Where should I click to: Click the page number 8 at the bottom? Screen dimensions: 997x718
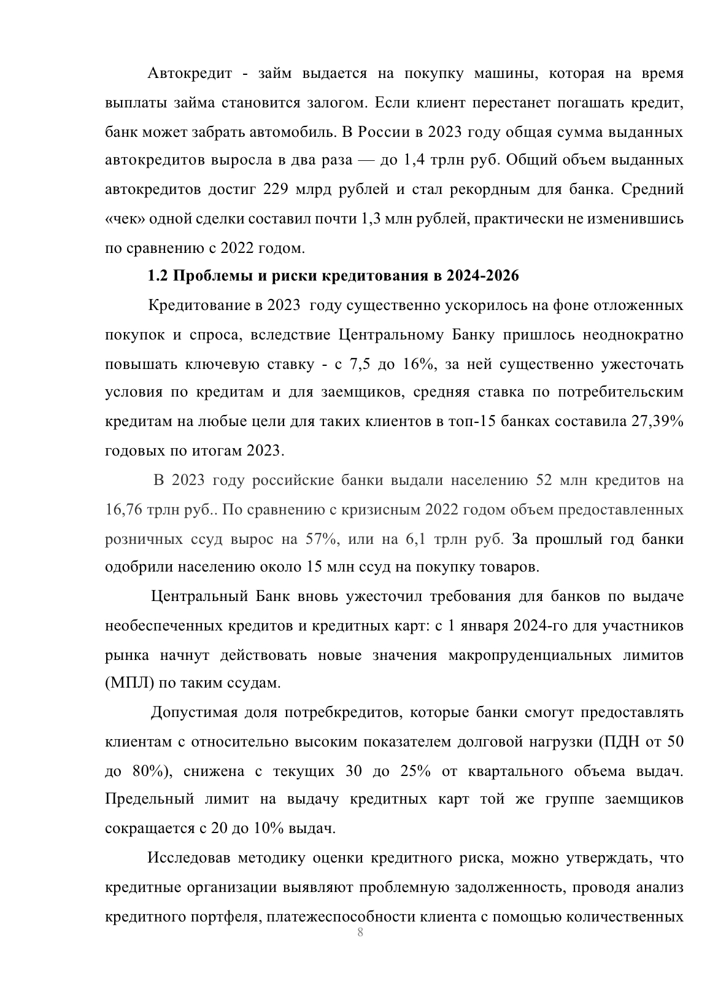click(360, 934)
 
